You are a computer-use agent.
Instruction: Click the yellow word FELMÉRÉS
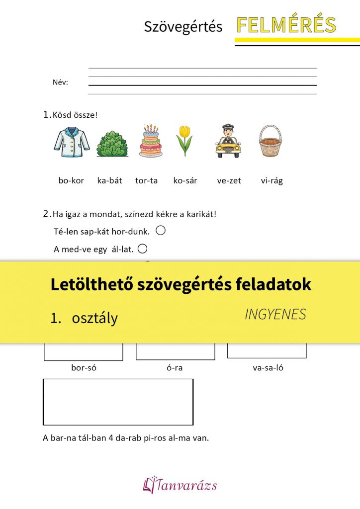[286, 25]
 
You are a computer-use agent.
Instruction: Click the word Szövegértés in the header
[183, 27]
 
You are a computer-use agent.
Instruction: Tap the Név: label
[60, 83]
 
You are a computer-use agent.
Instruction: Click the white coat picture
[72, 142]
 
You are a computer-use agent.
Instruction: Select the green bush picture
[112, 144]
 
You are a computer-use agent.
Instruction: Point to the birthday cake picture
[150, 141]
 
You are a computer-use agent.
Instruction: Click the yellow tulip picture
[184, 141]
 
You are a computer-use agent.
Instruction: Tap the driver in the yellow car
[228, 141]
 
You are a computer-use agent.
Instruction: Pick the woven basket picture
[270, 141]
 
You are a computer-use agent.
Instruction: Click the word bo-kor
[71, 181]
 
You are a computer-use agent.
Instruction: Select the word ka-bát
[109, 181]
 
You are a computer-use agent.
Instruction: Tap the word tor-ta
[146, 181]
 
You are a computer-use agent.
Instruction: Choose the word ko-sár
[185, 181]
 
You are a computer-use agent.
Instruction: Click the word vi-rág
[271, 181]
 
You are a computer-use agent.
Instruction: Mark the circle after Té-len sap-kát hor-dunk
[160, 231]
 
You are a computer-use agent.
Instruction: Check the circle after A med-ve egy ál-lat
[142, 249]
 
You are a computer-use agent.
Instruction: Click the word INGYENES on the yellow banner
[275, 314]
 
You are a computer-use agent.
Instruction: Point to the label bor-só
[84, 368]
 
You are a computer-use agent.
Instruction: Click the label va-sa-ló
[268, 368]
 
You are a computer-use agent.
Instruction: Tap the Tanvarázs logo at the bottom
[180, 485]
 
